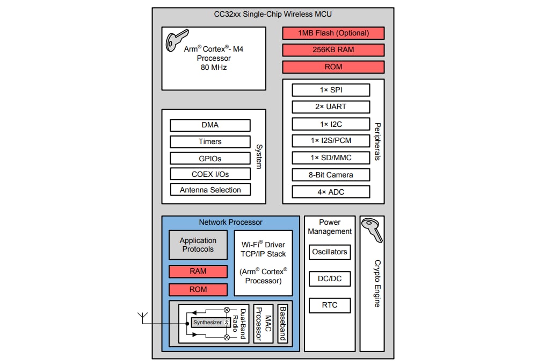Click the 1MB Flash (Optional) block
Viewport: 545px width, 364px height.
coord(333,33)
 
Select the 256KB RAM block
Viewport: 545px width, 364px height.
coord(333,50)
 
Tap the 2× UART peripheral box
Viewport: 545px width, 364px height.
coord(331,106)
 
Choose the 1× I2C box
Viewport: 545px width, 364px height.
coord(331,124)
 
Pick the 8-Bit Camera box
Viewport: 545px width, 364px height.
coord(331,175)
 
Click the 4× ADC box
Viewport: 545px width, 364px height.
coord(331,192)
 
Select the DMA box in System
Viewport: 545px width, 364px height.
coord(210,125)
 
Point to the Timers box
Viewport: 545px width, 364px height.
coord(210,142)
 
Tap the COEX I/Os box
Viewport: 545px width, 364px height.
coord(210,174)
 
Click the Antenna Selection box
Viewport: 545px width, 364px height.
coord(210,190)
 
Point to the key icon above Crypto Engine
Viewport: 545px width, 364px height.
coord(372,230)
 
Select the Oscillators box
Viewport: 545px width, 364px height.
coord(330,252)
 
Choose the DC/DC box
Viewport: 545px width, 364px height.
coord(330,279)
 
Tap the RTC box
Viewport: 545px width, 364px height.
coord(330,305)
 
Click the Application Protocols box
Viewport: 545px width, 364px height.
coord(198,245)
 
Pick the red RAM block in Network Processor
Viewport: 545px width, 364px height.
coord(198,272)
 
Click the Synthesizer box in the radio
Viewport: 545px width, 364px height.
coord(208,323)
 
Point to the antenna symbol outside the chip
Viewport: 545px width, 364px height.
coord(143,317)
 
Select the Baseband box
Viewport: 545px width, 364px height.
coord(282,324)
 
